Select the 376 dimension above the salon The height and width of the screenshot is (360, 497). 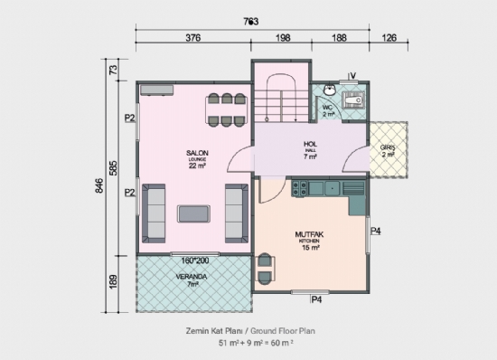point(192,39)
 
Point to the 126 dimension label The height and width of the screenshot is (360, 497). point(389,39)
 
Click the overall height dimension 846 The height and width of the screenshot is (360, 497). point(98,186)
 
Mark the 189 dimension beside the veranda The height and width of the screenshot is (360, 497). point(113,282)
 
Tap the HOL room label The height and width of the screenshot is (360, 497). point(310,143)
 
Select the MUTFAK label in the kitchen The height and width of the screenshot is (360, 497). point(311,234)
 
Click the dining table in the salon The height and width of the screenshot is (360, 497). point(226,108)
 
